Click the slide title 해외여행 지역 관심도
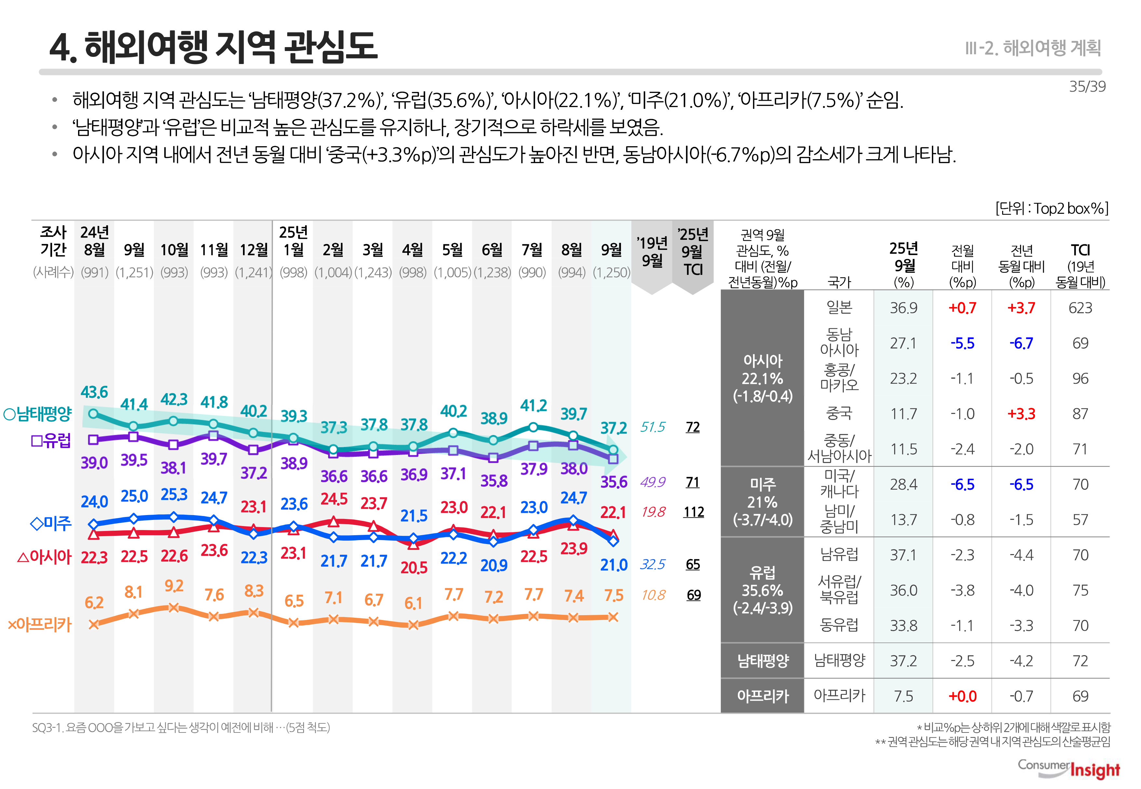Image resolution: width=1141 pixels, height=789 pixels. tap(214, 47)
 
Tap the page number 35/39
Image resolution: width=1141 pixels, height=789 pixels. tap(1087, 86)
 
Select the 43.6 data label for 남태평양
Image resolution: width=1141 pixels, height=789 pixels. tap(94, 392)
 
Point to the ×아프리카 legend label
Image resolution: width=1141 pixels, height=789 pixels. tap(40, 624)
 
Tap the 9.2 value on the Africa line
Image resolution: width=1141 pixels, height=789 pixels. tap(174, 586)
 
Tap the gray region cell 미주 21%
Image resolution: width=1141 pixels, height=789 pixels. tap(762, 502)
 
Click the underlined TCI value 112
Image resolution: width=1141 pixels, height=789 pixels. tap(693, 512)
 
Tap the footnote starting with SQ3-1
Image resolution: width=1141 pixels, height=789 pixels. tap(181, 727)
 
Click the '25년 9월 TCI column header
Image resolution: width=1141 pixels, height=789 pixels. tap(693, 252)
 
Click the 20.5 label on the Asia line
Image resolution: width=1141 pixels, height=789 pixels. tap(414, 567)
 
